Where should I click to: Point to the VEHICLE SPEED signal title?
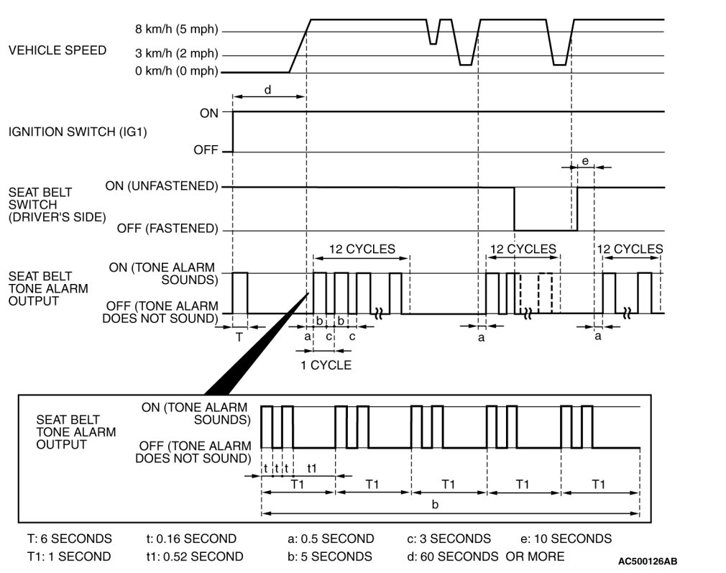tap(57, 50)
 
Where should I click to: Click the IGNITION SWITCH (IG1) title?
tap(78, 132)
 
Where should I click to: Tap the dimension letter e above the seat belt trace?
tap(584, 162)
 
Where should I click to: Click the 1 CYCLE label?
tap(326, 365)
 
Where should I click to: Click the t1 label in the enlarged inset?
tap(311, 468)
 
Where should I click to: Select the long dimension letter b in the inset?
tap(434, 504)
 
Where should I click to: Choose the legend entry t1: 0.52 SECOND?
tap(194, 556)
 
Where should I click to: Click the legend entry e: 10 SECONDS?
tap(566, 538)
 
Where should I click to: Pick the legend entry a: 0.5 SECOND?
tap(331, 538)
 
